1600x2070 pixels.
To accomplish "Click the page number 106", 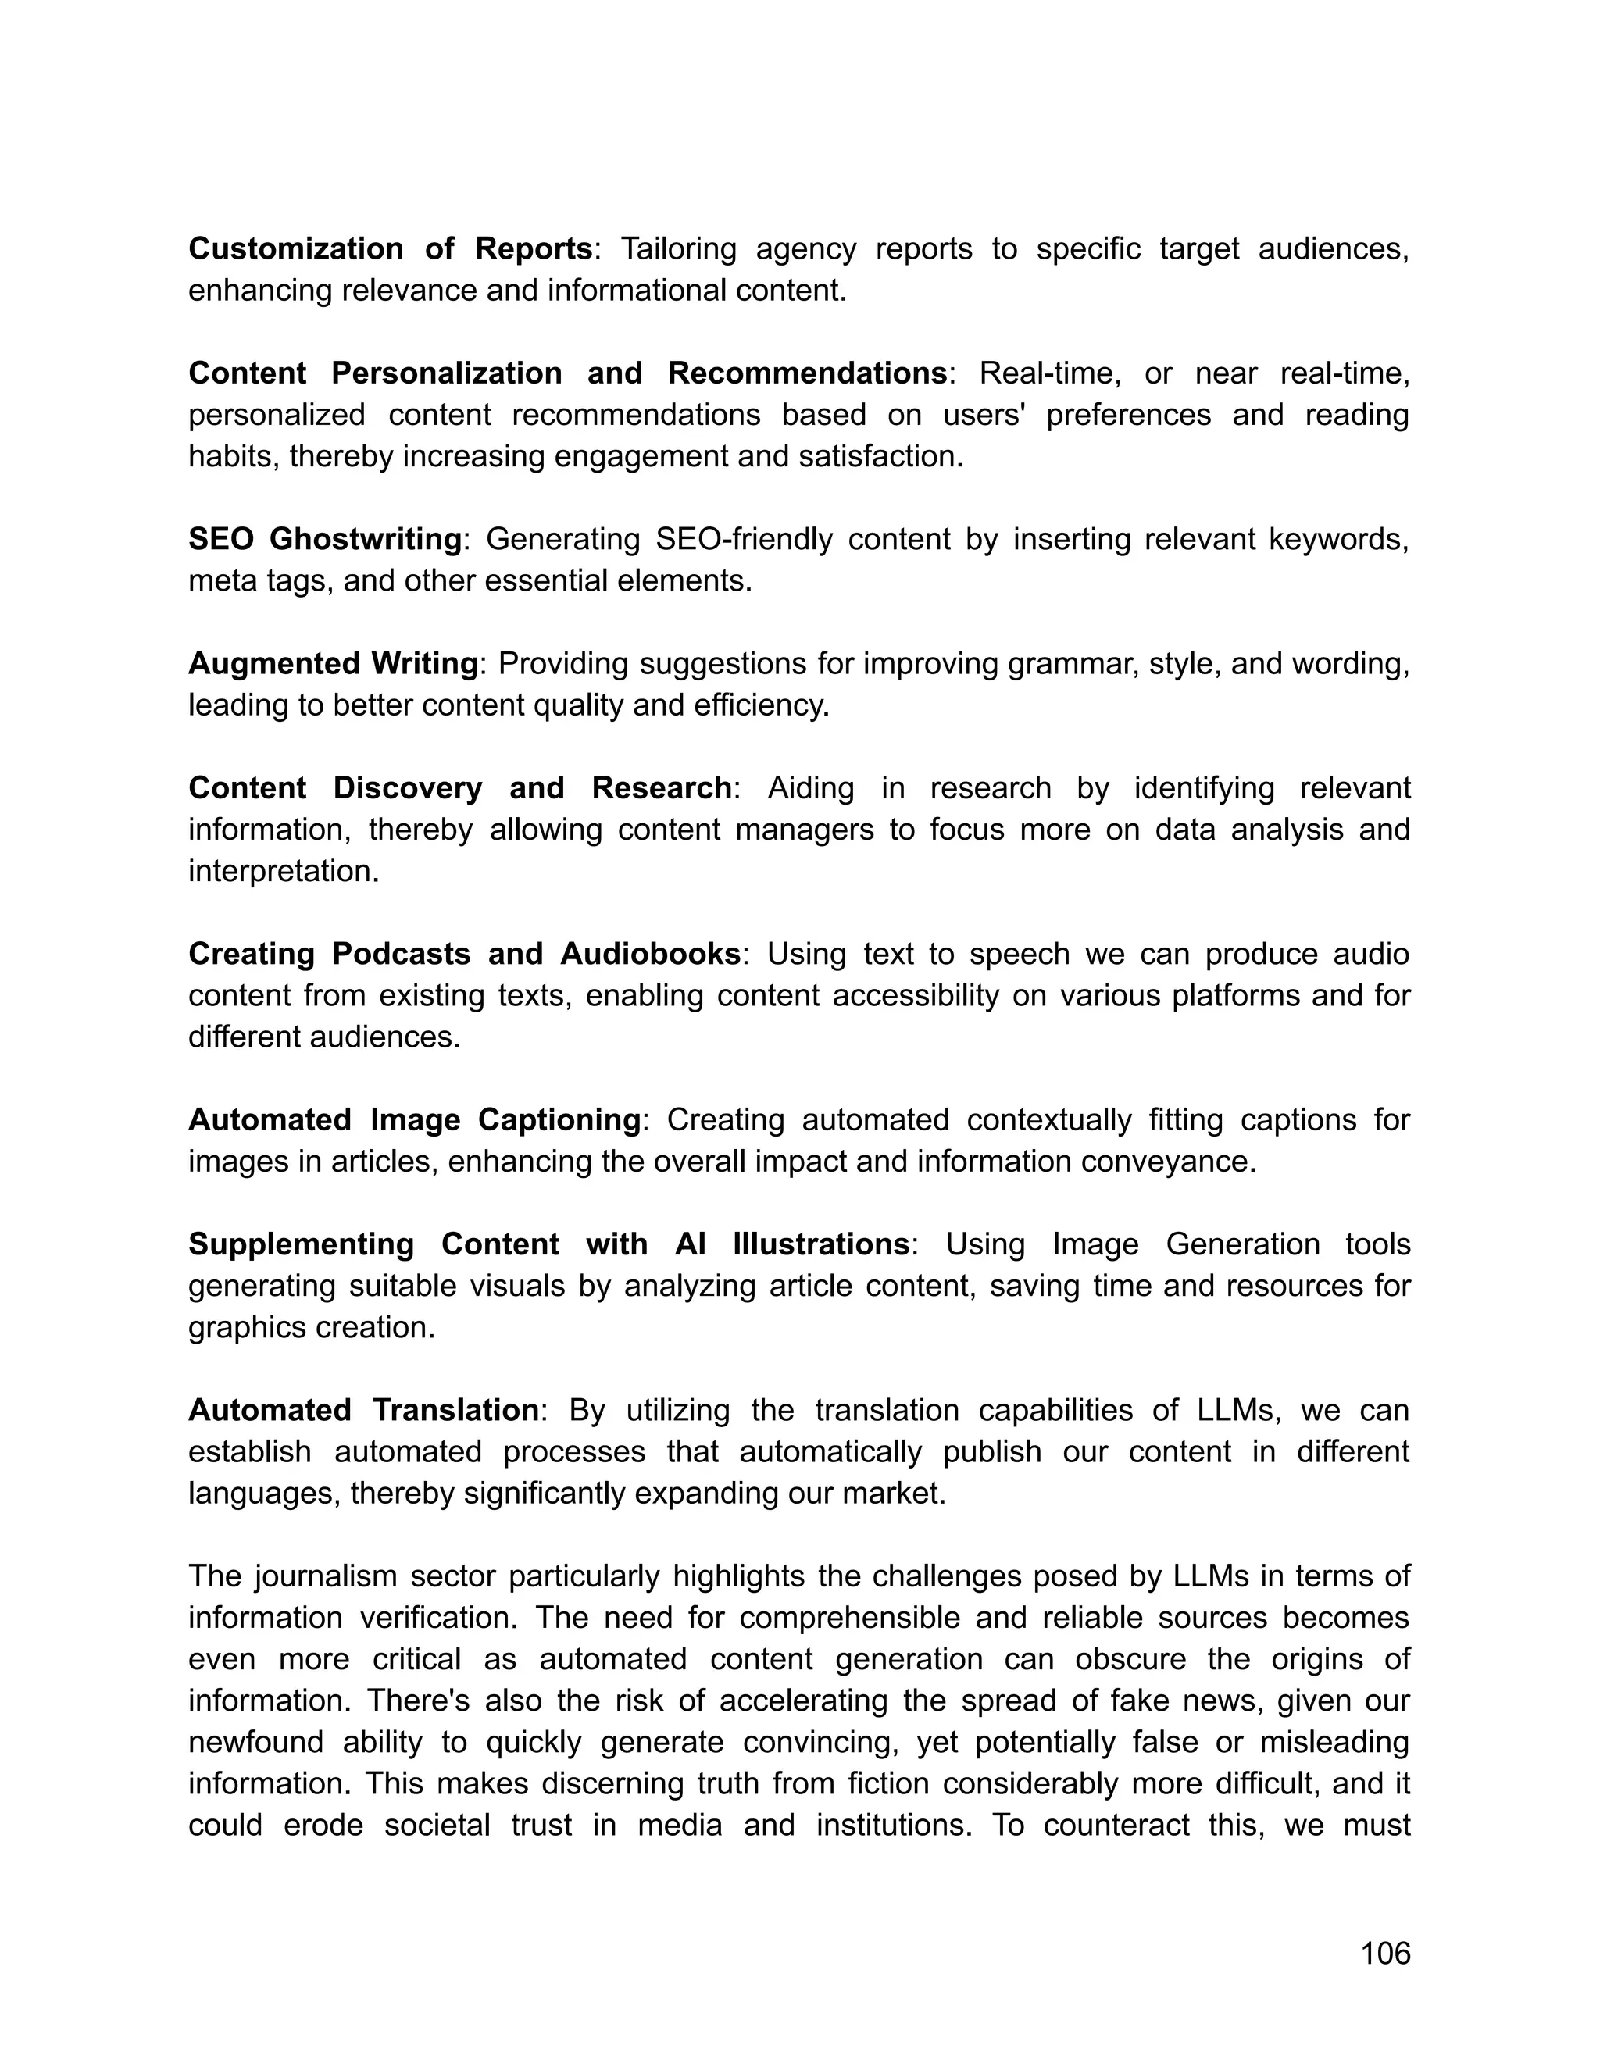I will click(1385, 1954).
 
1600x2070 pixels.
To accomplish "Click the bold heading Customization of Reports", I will click(390, 248).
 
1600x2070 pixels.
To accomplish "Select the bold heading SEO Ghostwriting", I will click(324, 538).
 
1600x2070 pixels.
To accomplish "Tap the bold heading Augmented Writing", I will click(333, 663).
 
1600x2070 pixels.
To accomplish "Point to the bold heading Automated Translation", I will click(363, 1409).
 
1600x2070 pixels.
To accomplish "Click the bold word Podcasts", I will click(401, 954).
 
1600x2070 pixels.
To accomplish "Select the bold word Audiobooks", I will click(650, 954).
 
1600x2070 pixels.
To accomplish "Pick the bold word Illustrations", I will click(821, 1244).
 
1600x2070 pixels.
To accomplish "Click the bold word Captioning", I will click(559, 1119).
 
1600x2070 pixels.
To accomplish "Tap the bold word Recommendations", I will click(806, 373).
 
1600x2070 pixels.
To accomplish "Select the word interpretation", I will click(283, 871).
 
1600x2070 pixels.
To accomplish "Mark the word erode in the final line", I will click(323, 1825).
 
